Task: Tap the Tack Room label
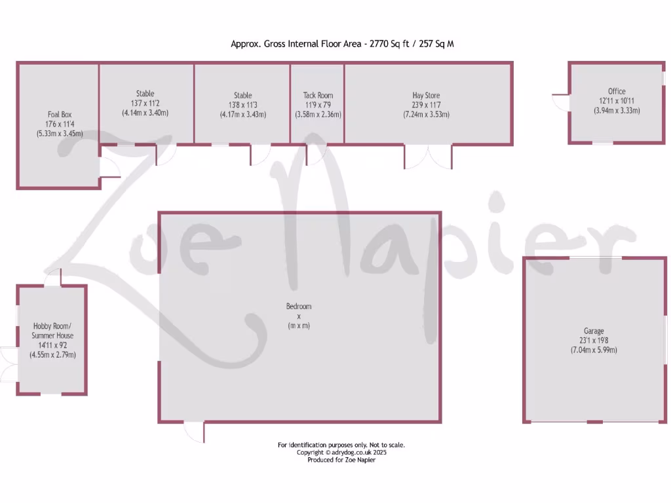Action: click(318, 96)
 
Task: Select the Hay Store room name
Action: click(426, 96)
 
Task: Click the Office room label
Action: click(617, 92)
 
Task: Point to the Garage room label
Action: click(594, 331)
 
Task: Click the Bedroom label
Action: click(299, 307)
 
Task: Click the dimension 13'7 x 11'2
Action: click(145, 103)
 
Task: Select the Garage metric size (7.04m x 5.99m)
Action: click(594, 350)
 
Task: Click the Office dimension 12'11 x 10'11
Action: click(617, 102)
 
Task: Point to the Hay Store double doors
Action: click(428, 157)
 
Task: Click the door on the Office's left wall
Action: click(562, 103)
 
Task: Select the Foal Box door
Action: click(110, 168)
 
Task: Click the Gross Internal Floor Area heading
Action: click(342, 44)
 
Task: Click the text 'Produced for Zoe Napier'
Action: click(341, 460)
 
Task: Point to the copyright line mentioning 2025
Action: click(341, 453)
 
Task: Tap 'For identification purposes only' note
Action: click(341, 445)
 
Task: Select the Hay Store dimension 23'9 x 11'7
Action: click(426, 105)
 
